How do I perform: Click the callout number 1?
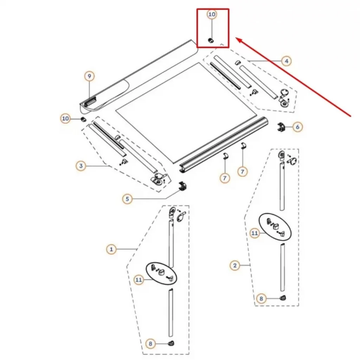coord(111,249)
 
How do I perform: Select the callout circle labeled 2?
coord(235,265)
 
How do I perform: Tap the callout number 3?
coord(81,166)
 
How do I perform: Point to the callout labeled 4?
coord(286,61)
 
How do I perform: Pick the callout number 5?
coord(127,199)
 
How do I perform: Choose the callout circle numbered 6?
coord(297,127)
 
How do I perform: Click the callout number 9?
coord(90,76)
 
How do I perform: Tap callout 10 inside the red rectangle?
coord(212,14)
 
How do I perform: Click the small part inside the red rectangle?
coord(211,41)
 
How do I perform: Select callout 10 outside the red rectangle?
coord(65,118)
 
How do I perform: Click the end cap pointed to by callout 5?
coord(182,186)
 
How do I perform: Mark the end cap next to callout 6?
coord(281,127)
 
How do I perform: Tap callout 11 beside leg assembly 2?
coord(255,233)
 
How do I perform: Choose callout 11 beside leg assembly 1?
coord(139,279)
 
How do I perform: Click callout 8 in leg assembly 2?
coord(261,298)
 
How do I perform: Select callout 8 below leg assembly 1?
coord(150,344)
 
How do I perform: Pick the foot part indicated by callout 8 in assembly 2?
coord(283,298)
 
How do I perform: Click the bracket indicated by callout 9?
coord(90,101)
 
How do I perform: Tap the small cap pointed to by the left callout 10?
coord(83,120)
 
